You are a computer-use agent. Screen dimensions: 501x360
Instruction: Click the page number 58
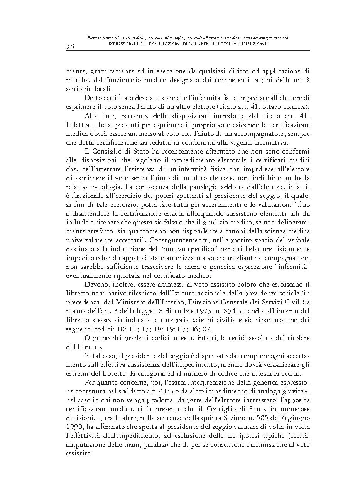pyautogui.click(x=70, y=46)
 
